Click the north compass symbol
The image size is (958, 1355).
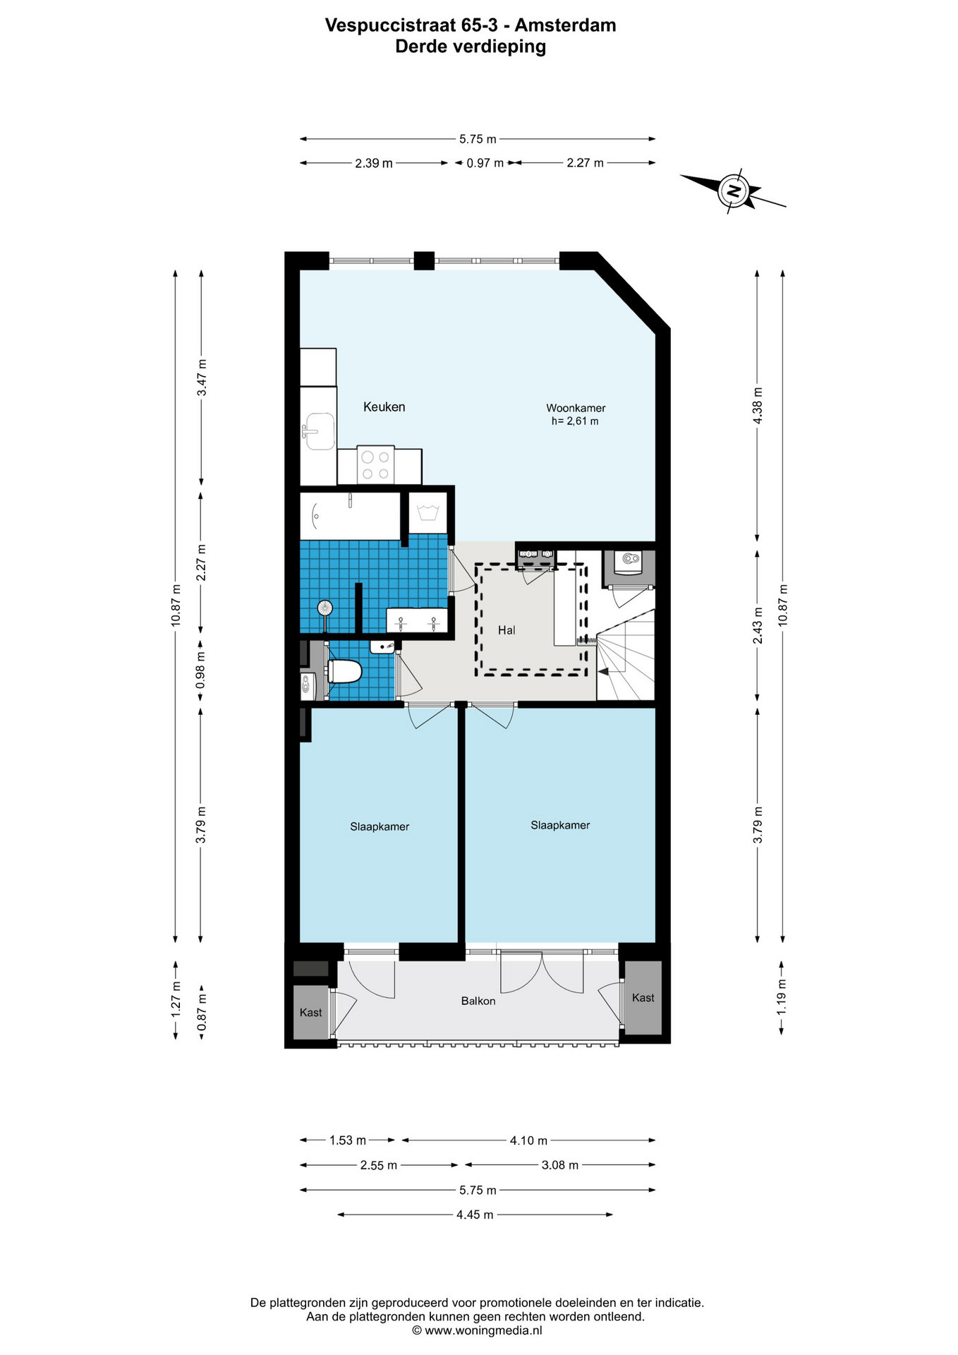[734, 191]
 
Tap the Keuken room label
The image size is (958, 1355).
[384, 406]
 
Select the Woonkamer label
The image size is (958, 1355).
[576, 408]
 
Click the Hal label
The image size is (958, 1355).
[507, 630]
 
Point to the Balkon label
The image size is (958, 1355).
[478, 1001]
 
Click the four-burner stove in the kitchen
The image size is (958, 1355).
[375, 465]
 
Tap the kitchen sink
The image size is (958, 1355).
[320, 431]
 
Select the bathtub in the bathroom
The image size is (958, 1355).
[350, 516]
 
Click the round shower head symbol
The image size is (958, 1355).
[325, 607]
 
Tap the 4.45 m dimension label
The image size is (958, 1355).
[475, 1215]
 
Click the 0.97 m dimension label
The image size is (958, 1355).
[485, 163]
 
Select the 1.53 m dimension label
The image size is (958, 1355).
[348, 1140]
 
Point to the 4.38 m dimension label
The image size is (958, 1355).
[758, 406]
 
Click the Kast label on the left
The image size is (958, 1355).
[310, 1013]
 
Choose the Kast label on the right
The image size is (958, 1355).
[643, 998]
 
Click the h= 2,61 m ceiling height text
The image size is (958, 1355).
[575, 421]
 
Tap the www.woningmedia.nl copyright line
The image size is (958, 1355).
[477, 1330]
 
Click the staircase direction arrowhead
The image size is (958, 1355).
[603, 673]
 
